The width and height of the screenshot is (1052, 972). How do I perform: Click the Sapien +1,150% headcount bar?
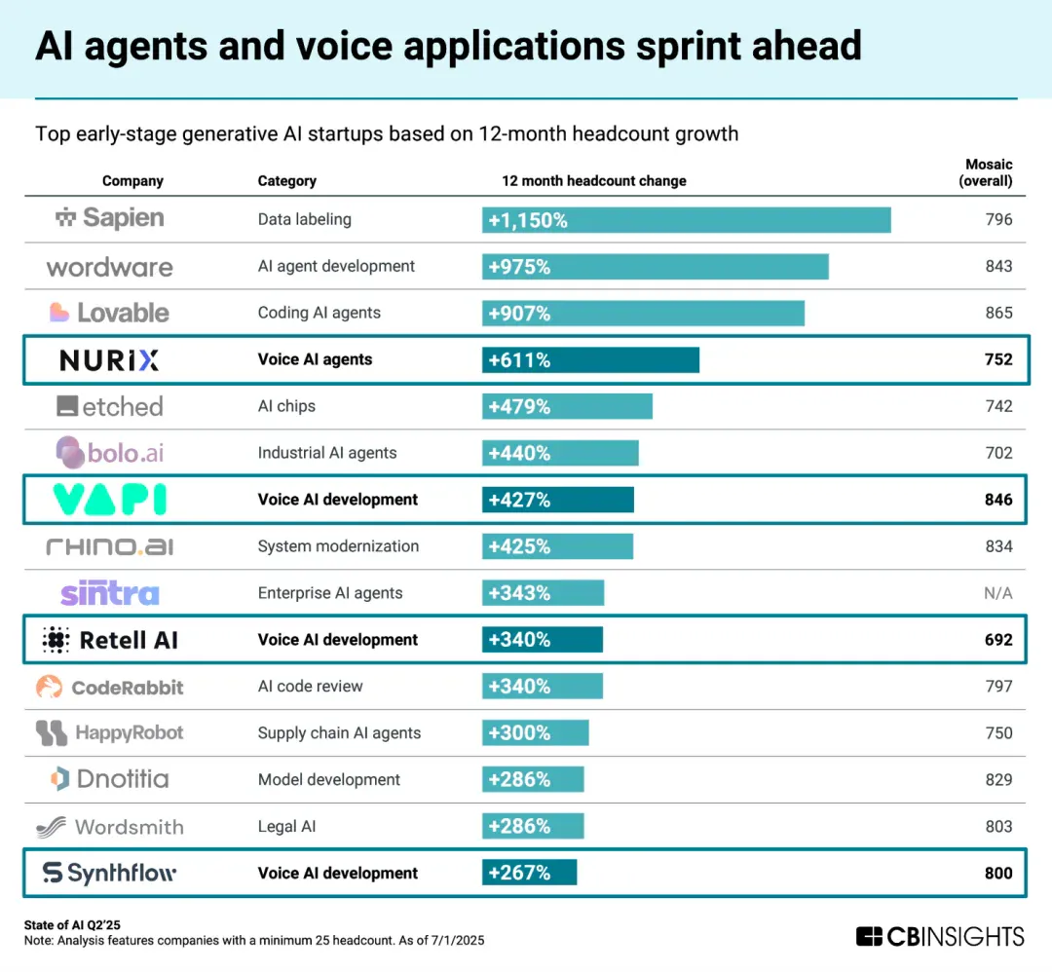[x=687, y=220]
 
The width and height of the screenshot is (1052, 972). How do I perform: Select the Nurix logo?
[x=109, y=360]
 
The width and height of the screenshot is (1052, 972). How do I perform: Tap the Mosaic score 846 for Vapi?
[x=998, y=500]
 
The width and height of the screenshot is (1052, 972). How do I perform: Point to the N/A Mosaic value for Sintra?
[x=998, y=593]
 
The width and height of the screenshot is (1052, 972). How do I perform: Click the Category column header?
[x=287, y=181]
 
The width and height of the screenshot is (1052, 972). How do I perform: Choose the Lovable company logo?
[x=109, y=313]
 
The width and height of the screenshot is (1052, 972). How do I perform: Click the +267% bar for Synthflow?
[x=529, y=873]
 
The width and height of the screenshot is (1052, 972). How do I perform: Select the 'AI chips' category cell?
[x=286, y=406]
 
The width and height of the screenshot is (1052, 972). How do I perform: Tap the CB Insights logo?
[x=940, y=936]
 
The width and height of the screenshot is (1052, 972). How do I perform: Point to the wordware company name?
[x=109, y=268]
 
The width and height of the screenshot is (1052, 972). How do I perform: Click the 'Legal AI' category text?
[x=286, y=827]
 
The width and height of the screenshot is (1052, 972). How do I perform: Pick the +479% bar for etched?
[x=567, y=406]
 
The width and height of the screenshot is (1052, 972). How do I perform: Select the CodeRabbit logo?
[x=109, y=687]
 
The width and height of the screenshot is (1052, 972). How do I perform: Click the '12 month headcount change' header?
[x=594, y=181]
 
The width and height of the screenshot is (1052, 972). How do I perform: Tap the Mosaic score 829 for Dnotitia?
[x=998, y=779]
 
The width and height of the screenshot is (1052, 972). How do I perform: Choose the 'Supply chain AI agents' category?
[x=339, y=733]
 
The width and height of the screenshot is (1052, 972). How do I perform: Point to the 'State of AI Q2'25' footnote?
[x=72, y=925]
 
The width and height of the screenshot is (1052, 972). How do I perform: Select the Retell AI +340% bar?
[x=543, y=640]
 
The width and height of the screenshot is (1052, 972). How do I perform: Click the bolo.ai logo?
[x=109, y=453]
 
